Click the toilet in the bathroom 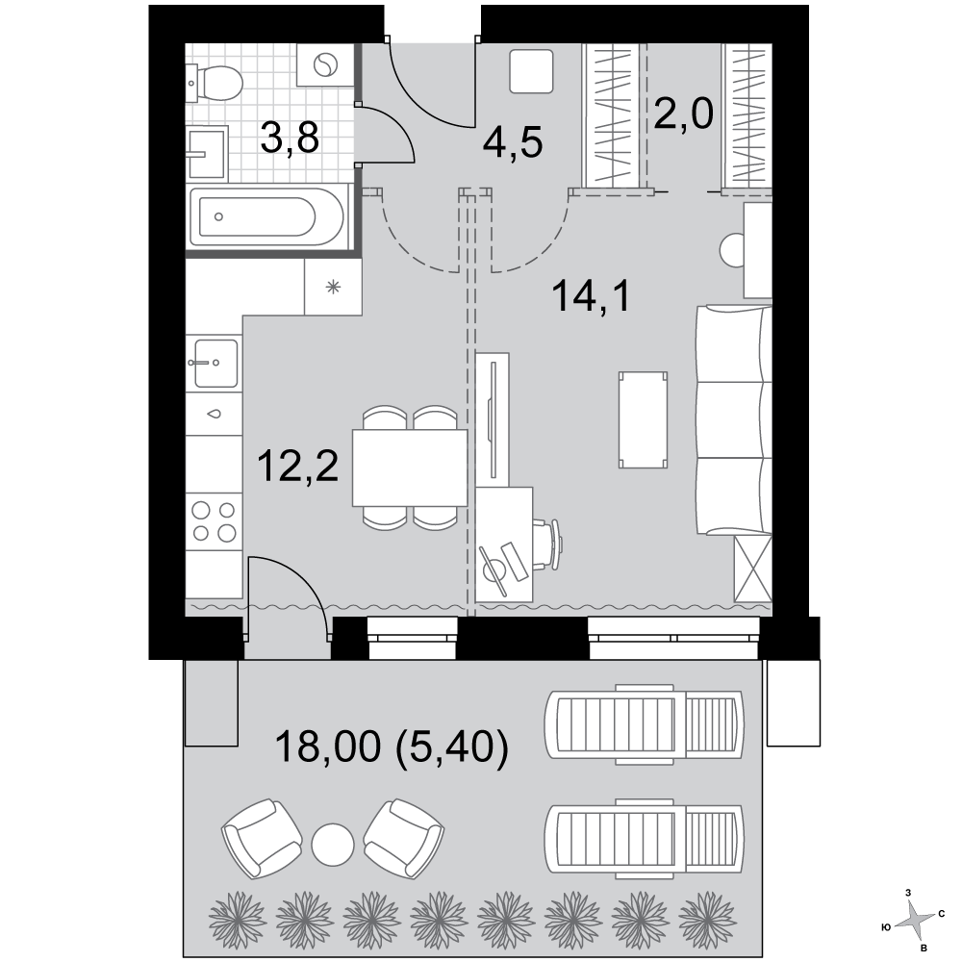pyautogui.click(x=215, y=83)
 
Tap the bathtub pyautogui.click(x=267, y=215)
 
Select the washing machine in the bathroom pyautogui.click(x=325, y=64)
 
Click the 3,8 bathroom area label pyautogui.click(x=290, y=138)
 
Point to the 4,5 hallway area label pyautogui.click(x=513, y=142)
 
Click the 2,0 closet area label pyautogui.click(x=683, y=114)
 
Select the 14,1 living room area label pyautogui.click(x=592, y=295)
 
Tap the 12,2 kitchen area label pyautogui.click(x=298, y=465)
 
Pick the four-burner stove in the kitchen pyautogui.click(x=215, y=520)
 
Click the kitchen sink pyautogui.click(x=215, y=363)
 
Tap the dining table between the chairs pyautogui.click(x=410, y=468)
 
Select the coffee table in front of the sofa pyautogui.click(x=643, y=420)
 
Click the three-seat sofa pyautogui.click(x=734, y=420)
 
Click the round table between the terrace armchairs pyautogui.click(x=333, y=845)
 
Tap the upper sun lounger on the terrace pyautogui.click(x=645, y=724)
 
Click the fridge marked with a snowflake pyautogui.click(x=333, y=287)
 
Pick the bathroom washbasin pyautogui.click(x=208, y=152)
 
